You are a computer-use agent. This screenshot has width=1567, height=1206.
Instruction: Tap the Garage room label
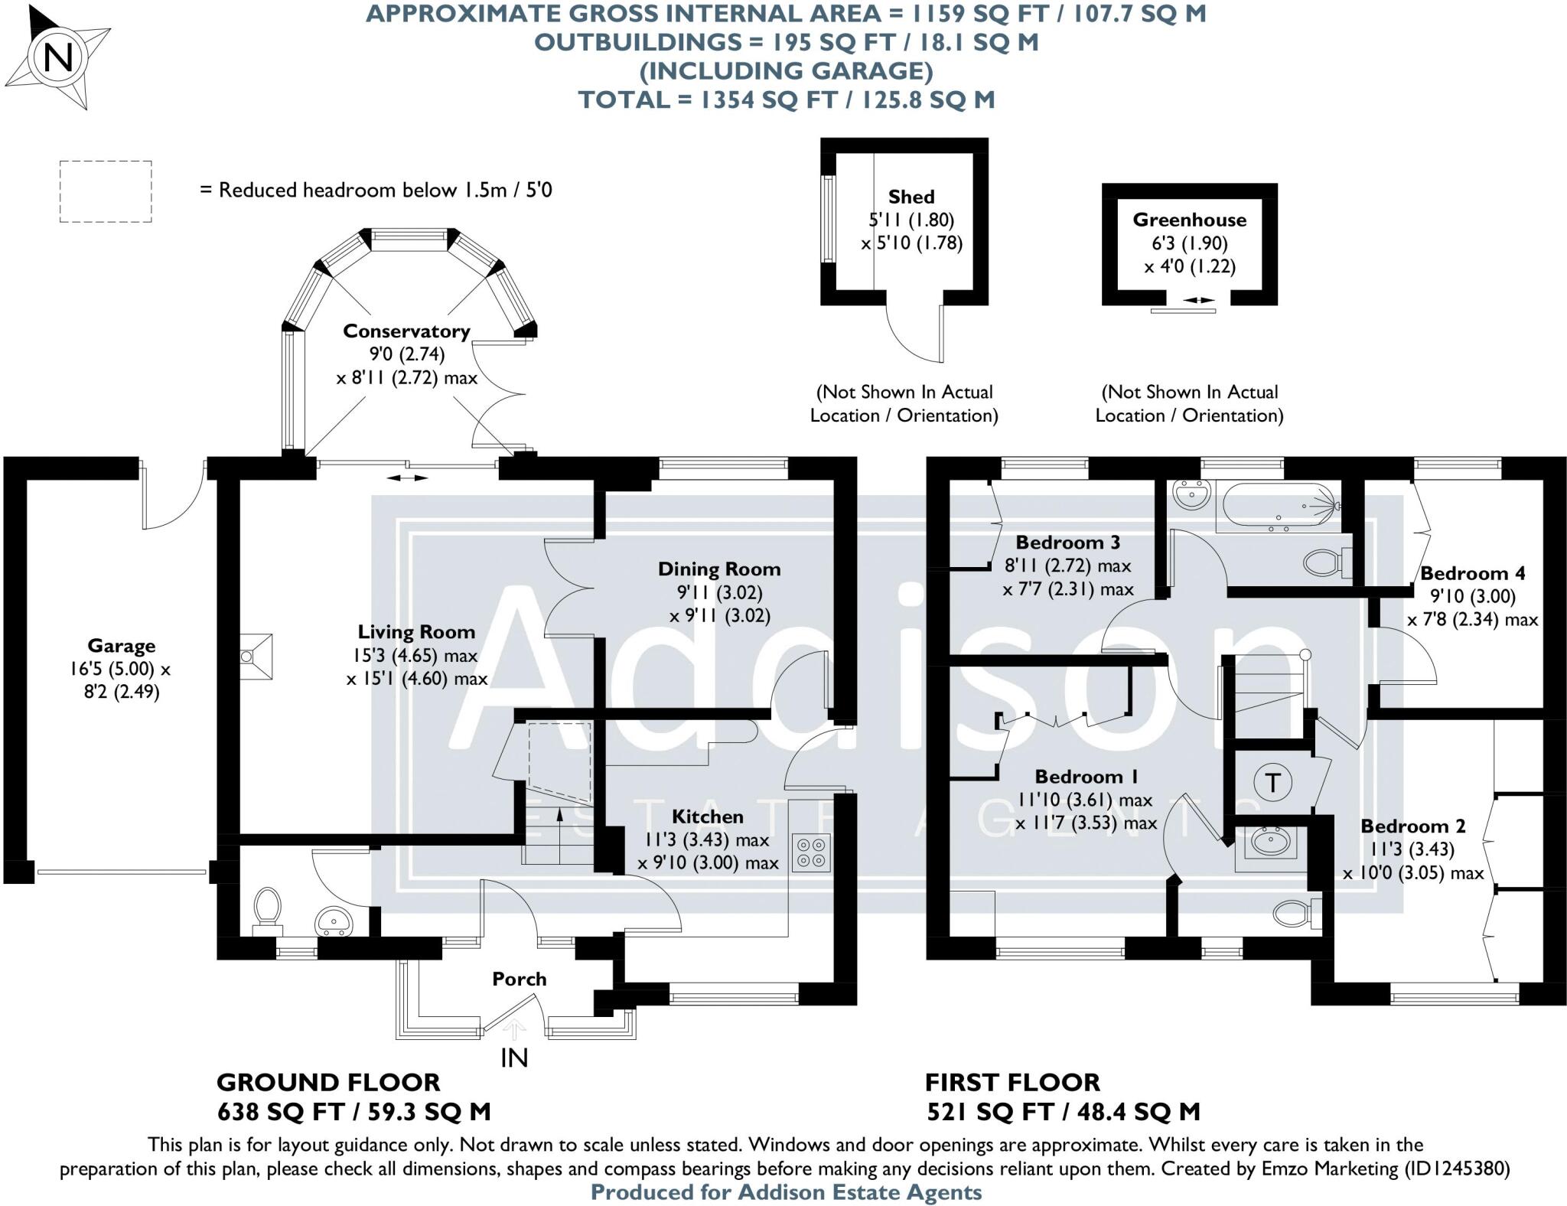coord(121,646)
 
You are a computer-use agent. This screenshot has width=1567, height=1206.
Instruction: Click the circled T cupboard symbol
coord(1273,783)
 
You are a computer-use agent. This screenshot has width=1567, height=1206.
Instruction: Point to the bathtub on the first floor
coord(1279,507)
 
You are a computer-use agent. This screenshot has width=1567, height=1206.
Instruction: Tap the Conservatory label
coord(406,331)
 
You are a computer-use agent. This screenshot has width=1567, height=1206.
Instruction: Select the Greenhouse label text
coord(1190,220)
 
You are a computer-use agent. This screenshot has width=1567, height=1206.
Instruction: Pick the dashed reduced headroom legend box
coord(106,192)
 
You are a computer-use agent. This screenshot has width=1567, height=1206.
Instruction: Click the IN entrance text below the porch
coord(514,1058)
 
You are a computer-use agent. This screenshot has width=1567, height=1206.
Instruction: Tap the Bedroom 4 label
coord(1472,573)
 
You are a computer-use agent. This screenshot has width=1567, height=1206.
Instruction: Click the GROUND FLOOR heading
coord(328,1083)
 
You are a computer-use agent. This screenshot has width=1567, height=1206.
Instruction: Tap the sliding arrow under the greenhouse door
coord(1197,301)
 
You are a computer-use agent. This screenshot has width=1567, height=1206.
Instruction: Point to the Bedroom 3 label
coord(1067,543)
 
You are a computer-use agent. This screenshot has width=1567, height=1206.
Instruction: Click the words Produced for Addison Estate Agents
coord(786,1192)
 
